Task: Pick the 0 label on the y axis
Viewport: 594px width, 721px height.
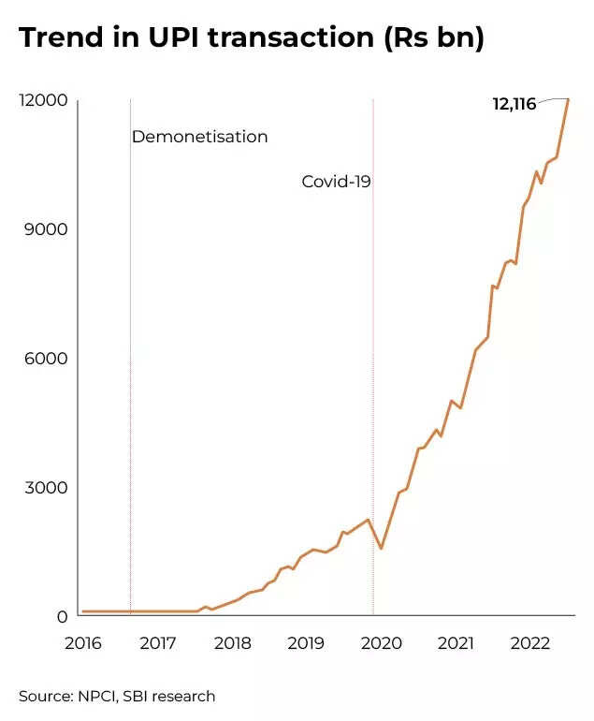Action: [63, 616]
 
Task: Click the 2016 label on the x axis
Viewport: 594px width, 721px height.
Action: [82, 643]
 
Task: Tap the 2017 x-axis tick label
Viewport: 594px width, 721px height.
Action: [157, 643]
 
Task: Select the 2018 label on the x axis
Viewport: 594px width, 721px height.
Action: [232, 643]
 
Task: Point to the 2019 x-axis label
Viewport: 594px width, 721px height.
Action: [306, 643]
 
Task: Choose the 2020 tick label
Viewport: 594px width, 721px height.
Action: [381, 643]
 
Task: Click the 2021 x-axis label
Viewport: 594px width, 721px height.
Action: [455, 643]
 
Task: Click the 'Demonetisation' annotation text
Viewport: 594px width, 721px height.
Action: [199, 137]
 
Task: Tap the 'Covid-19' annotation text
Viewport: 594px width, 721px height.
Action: [336, 182]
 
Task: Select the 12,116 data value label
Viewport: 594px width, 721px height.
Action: [514, 104]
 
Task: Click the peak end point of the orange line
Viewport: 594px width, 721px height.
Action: [567, 99]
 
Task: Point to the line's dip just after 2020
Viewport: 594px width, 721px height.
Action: [381, 548]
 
